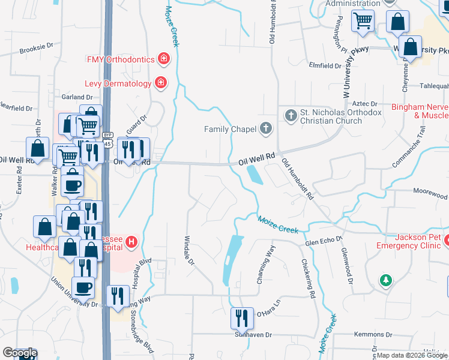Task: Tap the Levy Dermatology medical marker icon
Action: pyautogui.click(x=160, y=83)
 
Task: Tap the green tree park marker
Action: pyautogui.click(x=385, y=280)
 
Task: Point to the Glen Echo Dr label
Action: pyautogui.click(x=319, y=242)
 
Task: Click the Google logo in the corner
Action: pyautogui.click(x=20, y=353)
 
